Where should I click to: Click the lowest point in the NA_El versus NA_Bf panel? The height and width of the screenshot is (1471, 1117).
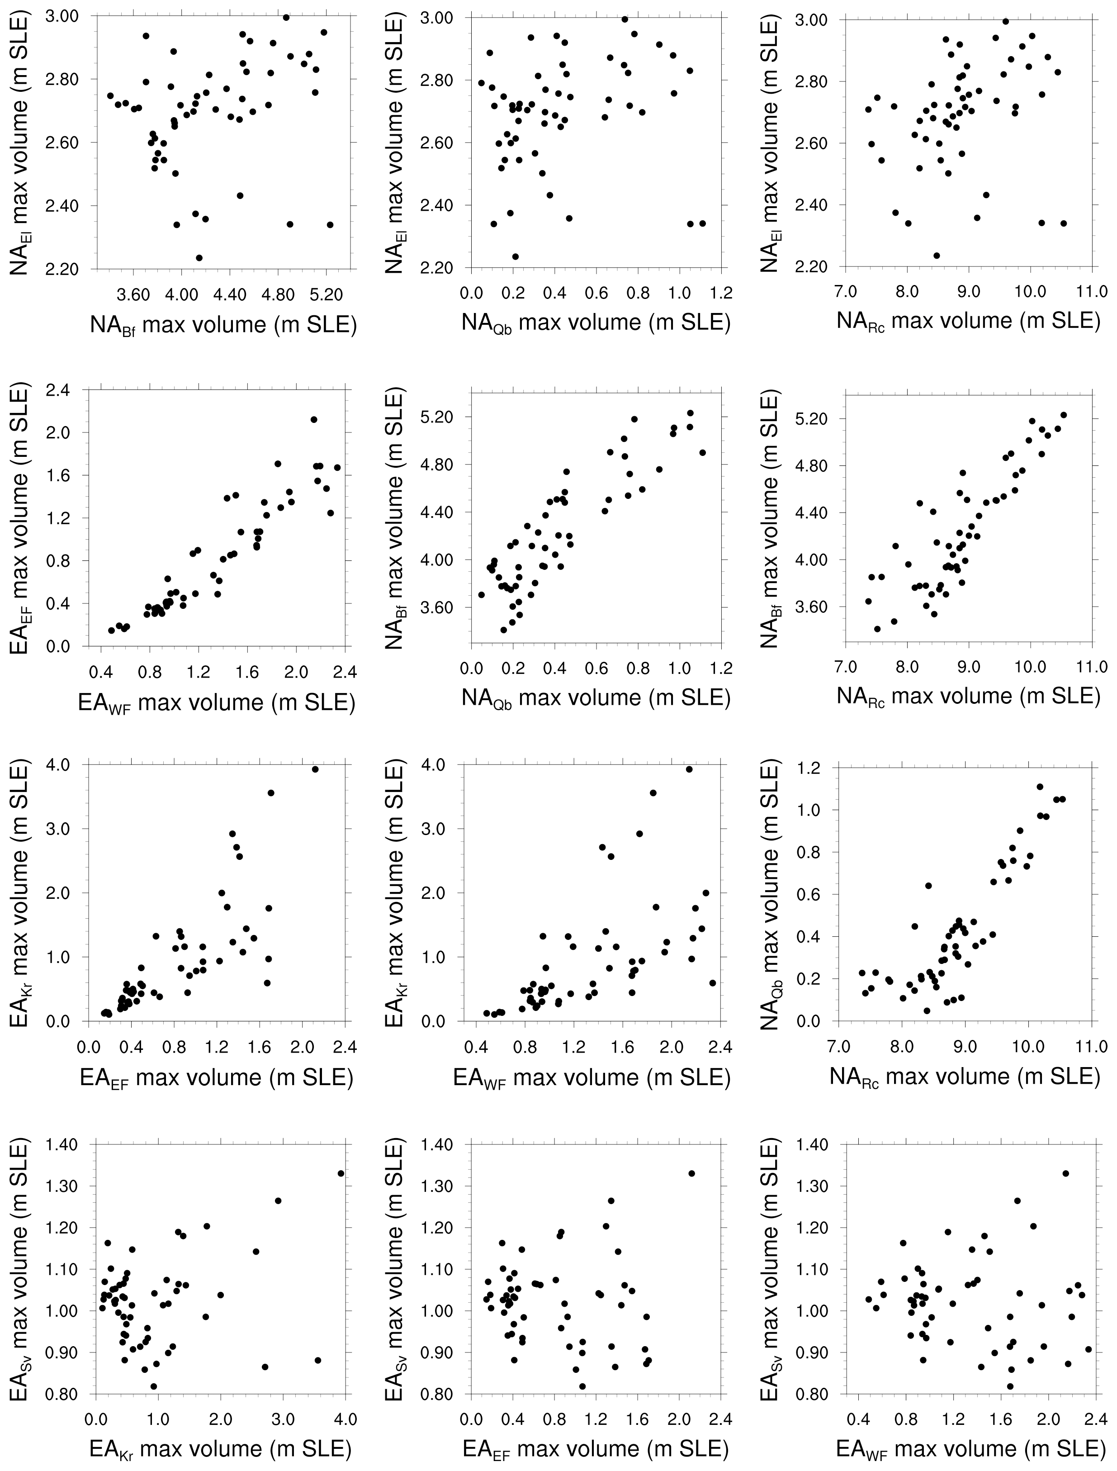199,257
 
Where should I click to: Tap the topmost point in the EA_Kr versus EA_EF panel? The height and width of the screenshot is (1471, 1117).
315,769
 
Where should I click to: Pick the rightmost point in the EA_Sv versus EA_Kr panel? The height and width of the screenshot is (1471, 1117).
341,1173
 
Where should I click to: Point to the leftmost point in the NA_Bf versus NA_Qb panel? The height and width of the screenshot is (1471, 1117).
481,594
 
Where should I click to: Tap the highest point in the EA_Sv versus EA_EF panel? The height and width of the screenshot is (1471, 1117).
691,1173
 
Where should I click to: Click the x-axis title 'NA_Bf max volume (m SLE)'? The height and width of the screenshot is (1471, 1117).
223,325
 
